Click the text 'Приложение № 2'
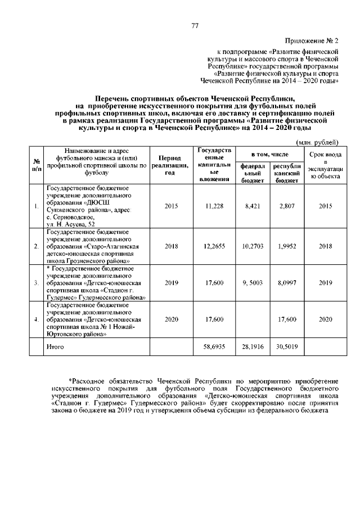(312, 42)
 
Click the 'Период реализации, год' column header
(171, 165)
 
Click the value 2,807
(287, 206)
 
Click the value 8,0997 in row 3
(287, 283)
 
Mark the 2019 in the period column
(171, 283)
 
